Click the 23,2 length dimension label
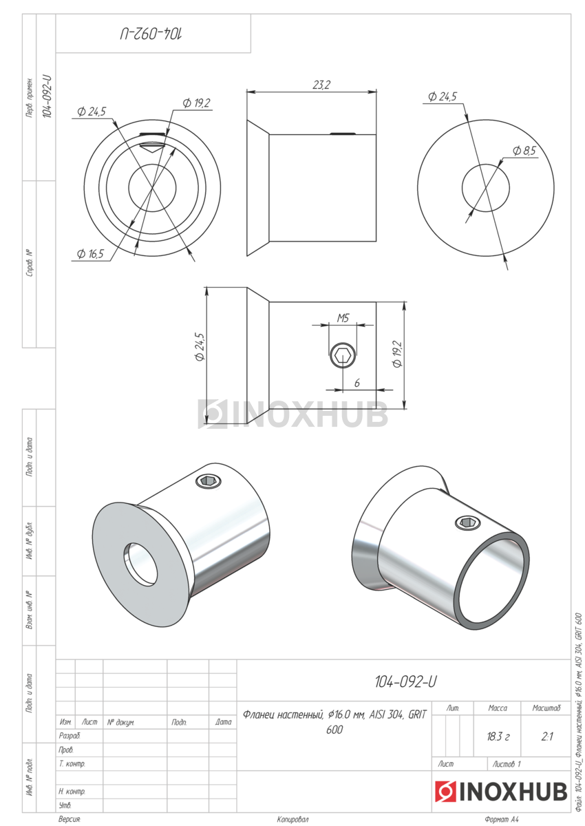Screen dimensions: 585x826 click(321, 85)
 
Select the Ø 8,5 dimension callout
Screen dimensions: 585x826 click(524, 151)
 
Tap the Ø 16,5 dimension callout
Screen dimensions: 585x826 click(90, 254)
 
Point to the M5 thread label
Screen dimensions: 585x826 click(343, 318)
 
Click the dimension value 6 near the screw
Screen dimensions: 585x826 click(357, 383)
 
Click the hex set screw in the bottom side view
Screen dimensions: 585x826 click(343, 356)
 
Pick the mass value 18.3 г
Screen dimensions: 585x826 click(498, 737)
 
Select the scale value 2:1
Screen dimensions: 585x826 click(546, 737)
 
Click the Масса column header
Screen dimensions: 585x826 click(498, 708)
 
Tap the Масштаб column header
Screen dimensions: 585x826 click(546, 708)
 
